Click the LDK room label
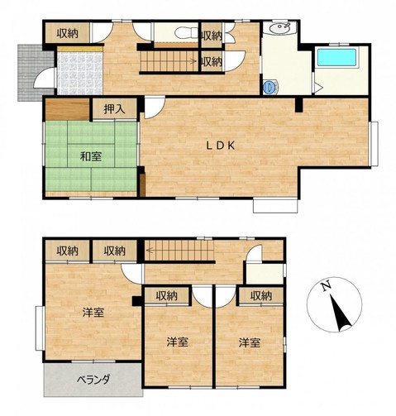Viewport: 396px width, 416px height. (x=221, y=146)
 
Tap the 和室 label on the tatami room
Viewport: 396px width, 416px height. (x=91, y=156)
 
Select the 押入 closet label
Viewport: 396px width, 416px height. (x=114, y=109)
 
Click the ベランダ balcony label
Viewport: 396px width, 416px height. (x=93, y=380)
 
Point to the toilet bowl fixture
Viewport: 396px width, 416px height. (x=182, y=33)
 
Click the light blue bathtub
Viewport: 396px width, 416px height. (x=336, y=57)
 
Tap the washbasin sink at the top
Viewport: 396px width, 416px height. (x=279, y=27)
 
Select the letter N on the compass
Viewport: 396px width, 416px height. (x=327, y=286)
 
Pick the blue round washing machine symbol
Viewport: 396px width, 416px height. (x=270, y=88)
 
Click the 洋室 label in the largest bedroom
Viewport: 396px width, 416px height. (x=93, y=313)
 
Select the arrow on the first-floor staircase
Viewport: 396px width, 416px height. (x=193, y=61)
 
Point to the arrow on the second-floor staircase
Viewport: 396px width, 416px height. (x=150, y=251)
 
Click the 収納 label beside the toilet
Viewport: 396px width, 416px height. (x=212, y=36)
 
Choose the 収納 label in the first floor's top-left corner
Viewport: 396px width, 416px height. (x=68, y=34)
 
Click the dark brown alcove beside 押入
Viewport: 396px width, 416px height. (x=67, y=109)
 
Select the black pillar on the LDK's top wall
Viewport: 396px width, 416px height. (x=298, y=105)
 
